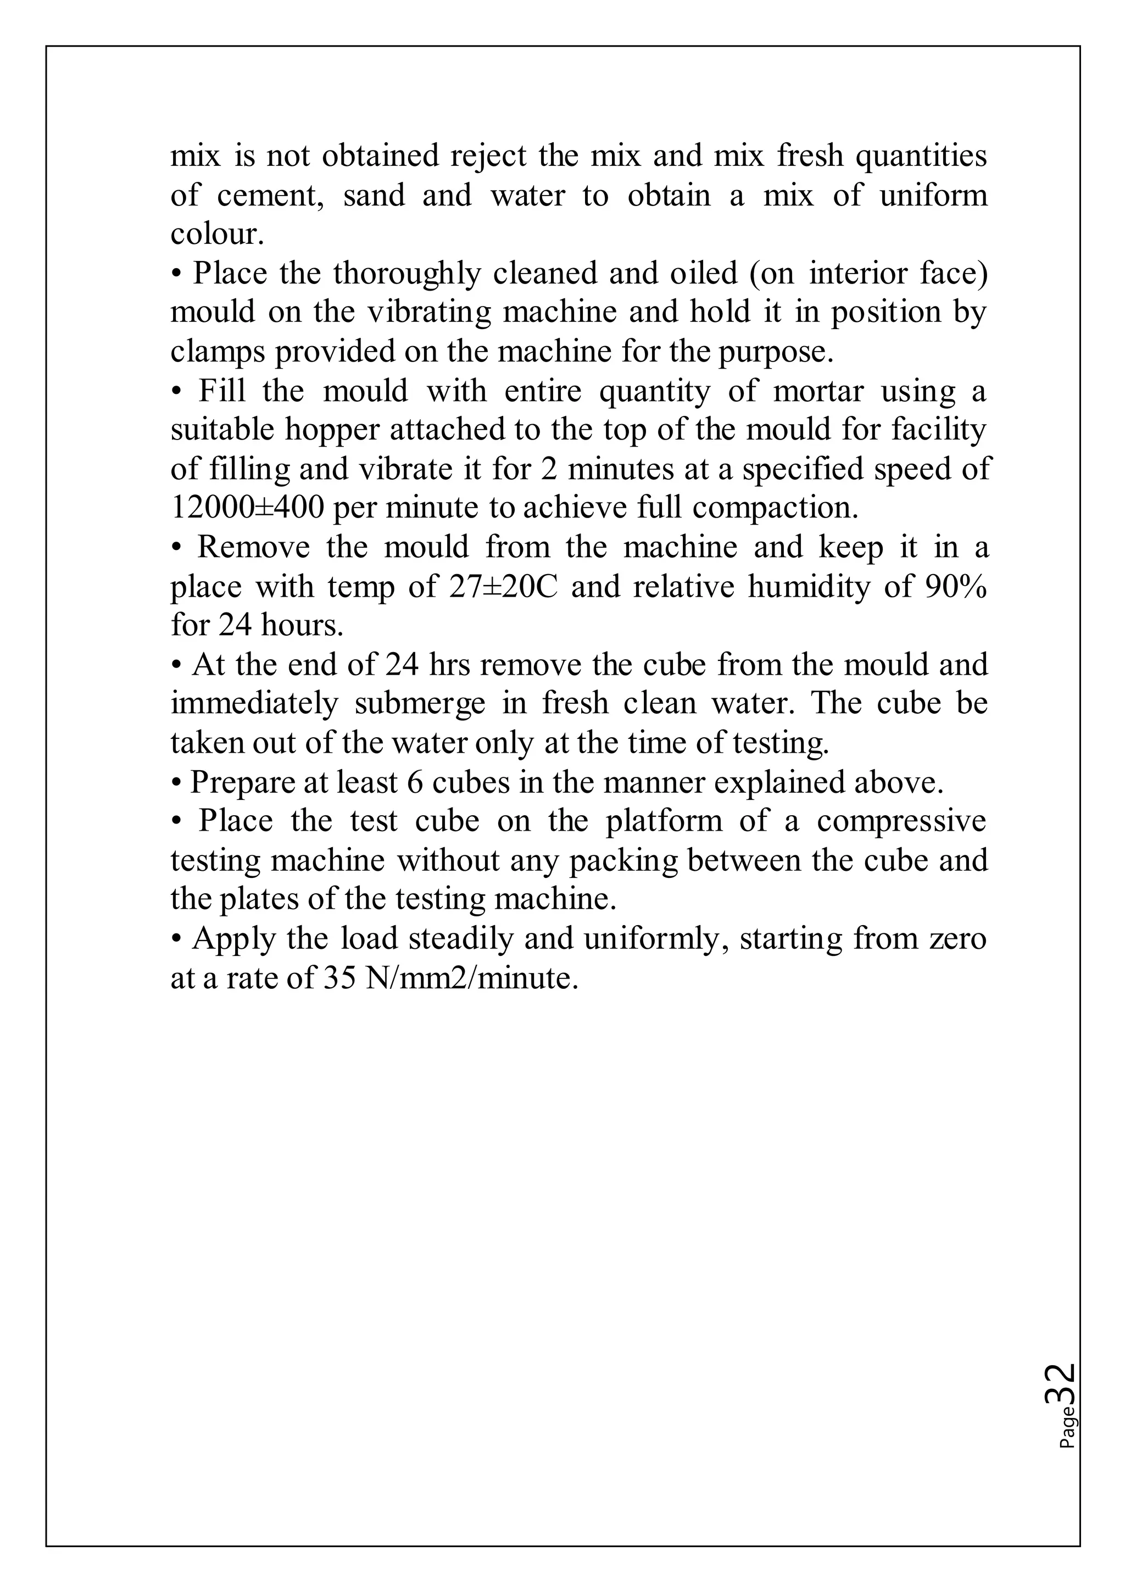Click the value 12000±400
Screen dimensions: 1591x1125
pyautogui.click(x=247, y=508)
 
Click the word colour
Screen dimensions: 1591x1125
pyautogui.click(x=217, y=234)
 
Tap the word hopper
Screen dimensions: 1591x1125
pyautogui.click(x=332, y=430)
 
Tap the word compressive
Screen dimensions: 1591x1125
pyautogui.click(x=901, y=821)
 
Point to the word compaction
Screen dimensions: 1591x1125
pyautogui.click(x=775, y=508)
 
